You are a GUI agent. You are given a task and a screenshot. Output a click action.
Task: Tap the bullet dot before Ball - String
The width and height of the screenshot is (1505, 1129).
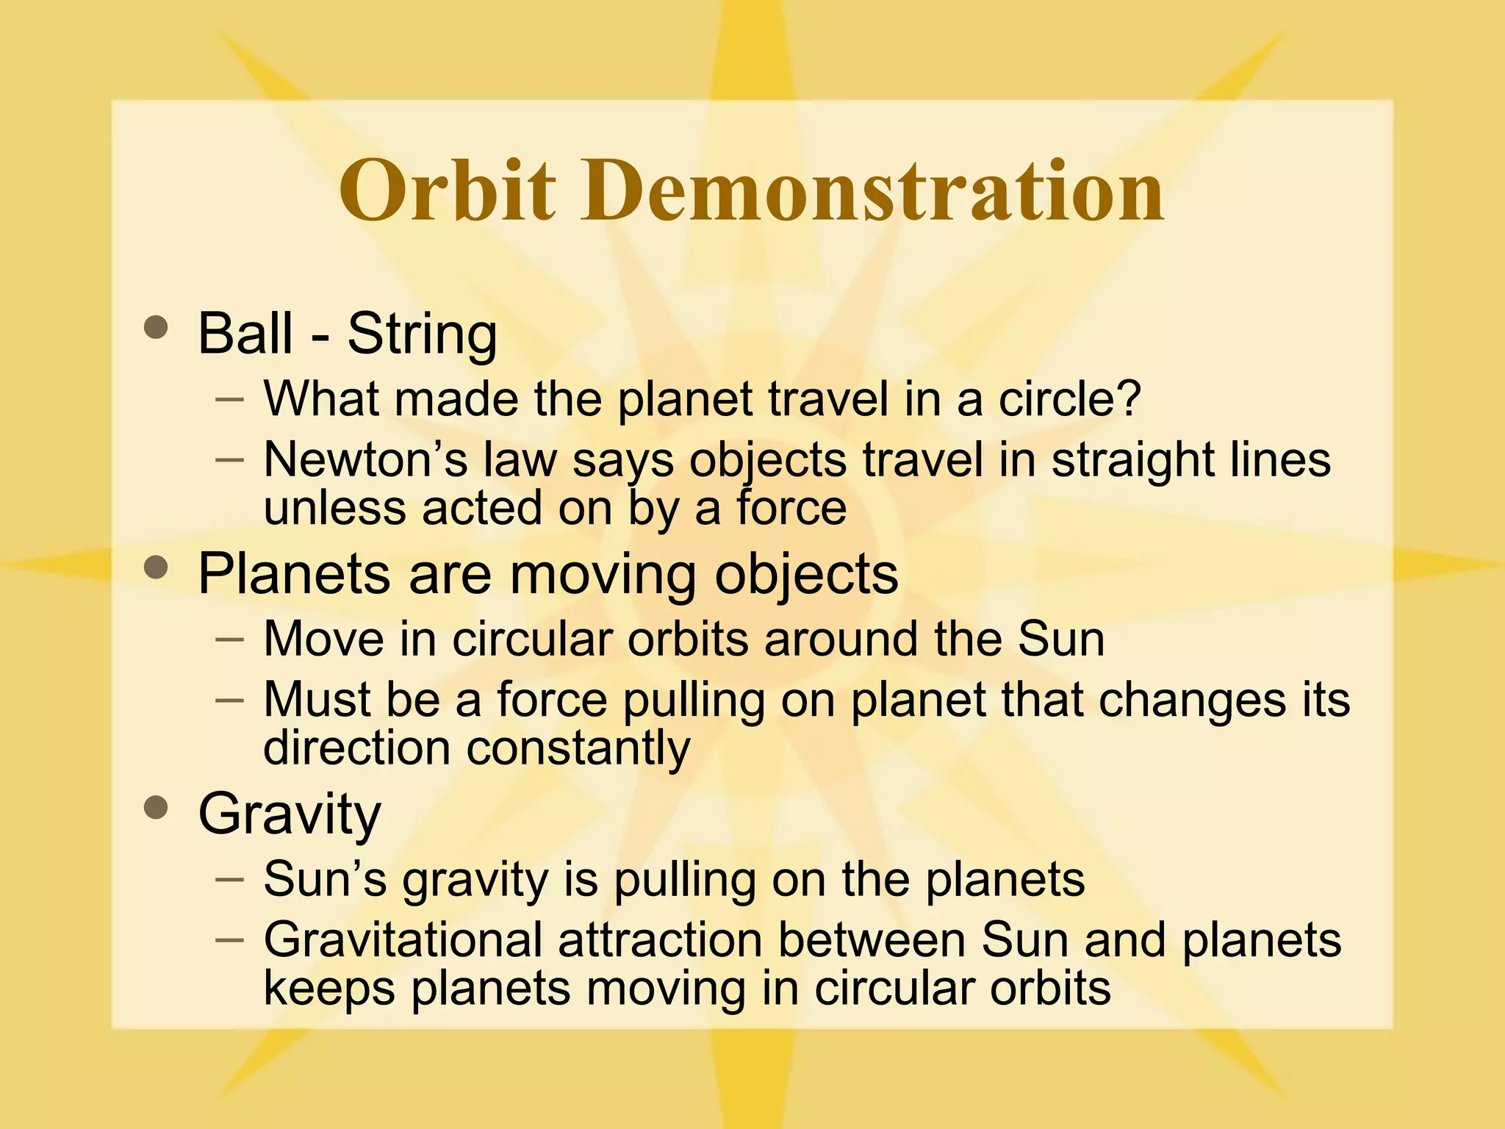pyautogui.click(x=156, y=327)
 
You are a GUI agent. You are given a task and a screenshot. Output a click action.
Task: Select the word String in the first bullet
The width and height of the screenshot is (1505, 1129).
pyautogui.click(x=422, y=334)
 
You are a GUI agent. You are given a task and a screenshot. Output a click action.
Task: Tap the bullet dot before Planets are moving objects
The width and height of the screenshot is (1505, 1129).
pyautogui.click(x=156, y=567)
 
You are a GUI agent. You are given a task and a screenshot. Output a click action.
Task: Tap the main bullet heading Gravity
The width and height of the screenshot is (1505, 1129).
pyautogui.click(x=290, y=814)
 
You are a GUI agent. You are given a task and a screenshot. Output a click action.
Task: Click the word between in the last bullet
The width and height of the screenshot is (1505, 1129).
pyautogui.click(x=872, y=939)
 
